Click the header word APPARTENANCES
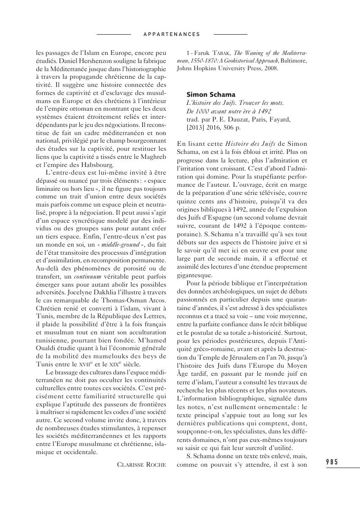pyautogui.click(x=171, y=34)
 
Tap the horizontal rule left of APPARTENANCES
pyautogui.click(x=114, y=34)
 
